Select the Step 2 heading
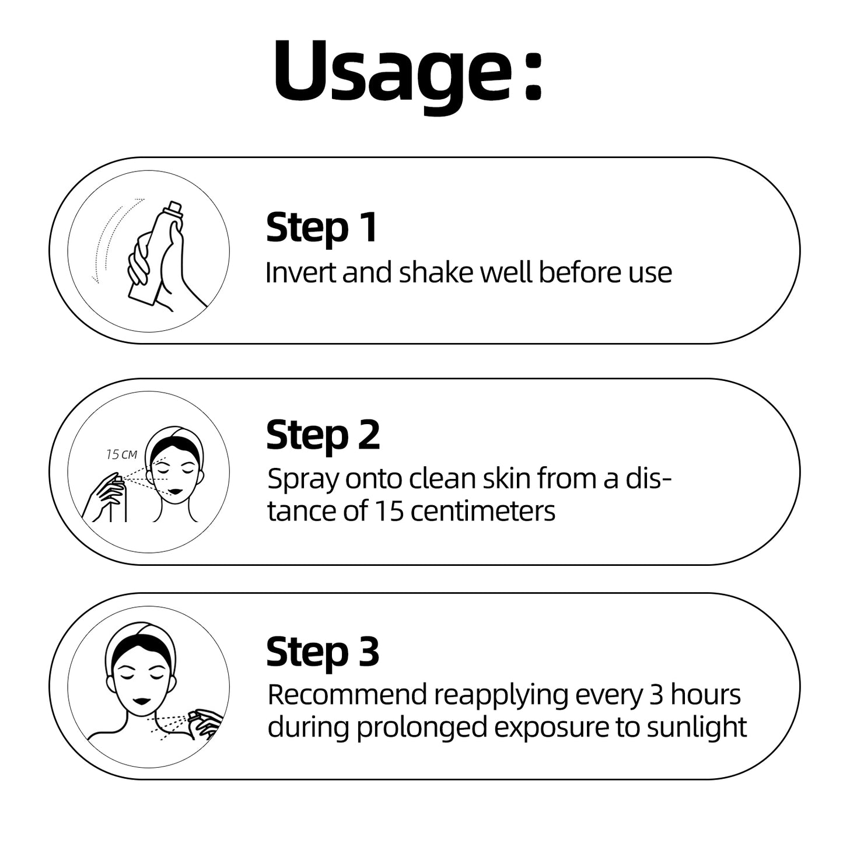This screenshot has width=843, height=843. coord(323,436)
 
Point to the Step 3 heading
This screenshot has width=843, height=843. coord(323,653)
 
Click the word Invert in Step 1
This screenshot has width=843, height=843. coord(302,272)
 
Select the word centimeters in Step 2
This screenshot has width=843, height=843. coord(483,511)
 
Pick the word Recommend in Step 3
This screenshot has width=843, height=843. coord(347,695)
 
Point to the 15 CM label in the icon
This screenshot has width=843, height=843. coord(121,455)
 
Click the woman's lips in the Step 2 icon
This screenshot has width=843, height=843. coord(177,491)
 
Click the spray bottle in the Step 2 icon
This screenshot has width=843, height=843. coord(118,499)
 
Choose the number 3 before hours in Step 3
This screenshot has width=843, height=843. coord(656,695)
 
